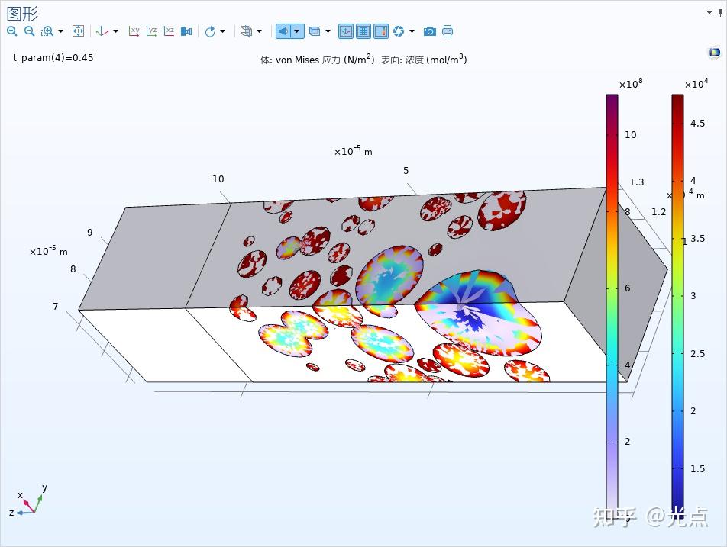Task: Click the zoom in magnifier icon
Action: [11, 31]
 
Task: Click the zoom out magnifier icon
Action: [29, 31]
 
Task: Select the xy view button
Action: [134, 31]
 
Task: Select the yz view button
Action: [152, 31]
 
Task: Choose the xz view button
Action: [169, 31]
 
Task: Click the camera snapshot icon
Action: [430, 31]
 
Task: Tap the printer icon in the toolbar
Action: [448, 31]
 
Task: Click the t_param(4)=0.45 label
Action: [53, 57]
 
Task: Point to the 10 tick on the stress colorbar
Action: [630, 135]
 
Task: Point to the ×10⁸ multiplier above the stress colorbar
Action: [631, 84]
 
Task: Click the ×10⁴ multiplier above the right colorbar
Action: [696, 84]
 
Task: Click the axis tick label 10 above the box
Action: [218, 179]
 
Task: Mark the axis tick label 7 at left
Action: [56, 307]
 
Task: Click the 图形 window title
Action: [22, 13]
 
